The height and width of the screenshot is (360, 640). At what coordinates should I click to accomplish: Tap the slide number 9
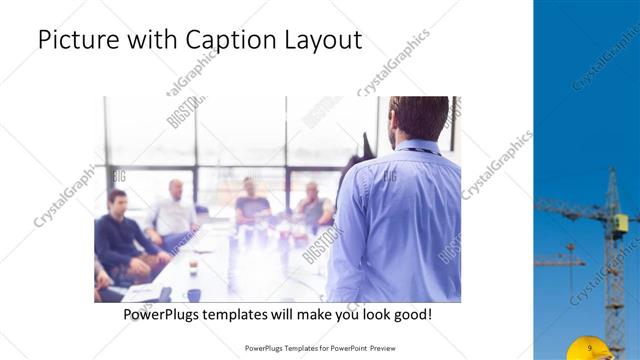(591, 347)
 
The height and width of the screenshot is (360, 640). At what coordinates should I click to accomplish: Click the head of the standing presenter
(418, 119)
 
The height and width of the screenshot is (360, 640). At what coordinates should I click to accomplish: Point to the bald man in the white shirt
(175, 212)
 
